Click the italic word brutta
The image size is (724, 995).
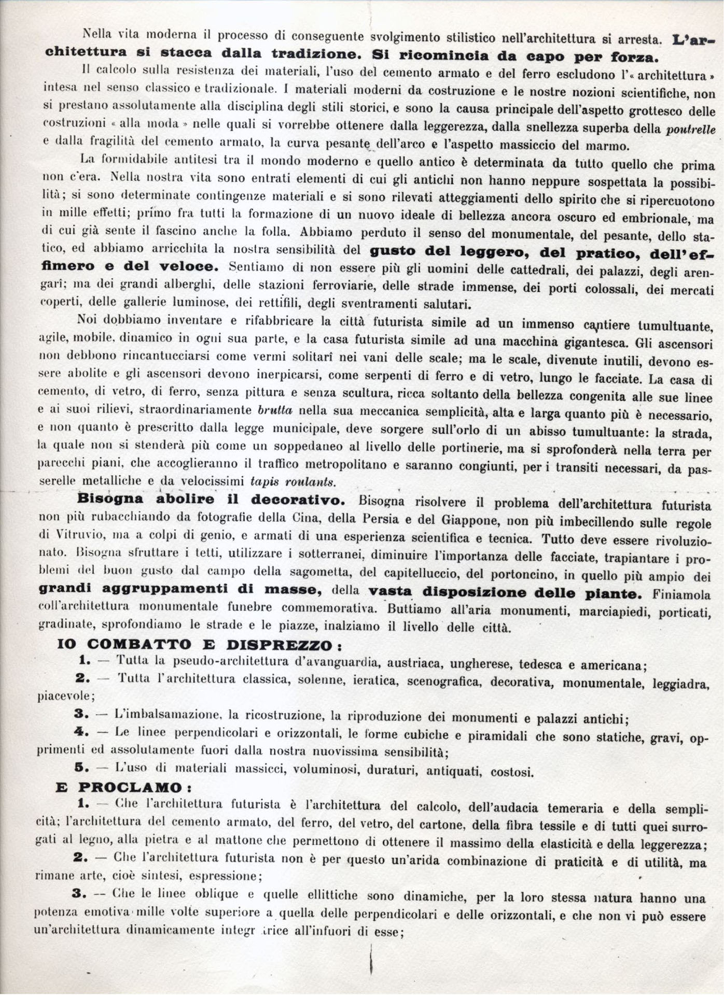(275, 410)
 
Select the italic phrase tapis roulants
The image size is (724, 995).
(293, 482)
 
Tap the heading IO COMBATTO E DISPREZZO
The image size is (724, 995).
(199, 645)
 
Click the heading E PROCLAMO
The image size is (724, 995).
(123, 787)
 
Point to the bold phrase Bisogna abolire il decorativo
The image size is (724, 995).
(211, 500)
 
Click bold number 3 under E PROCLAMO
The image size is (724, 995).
(79, 893)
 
